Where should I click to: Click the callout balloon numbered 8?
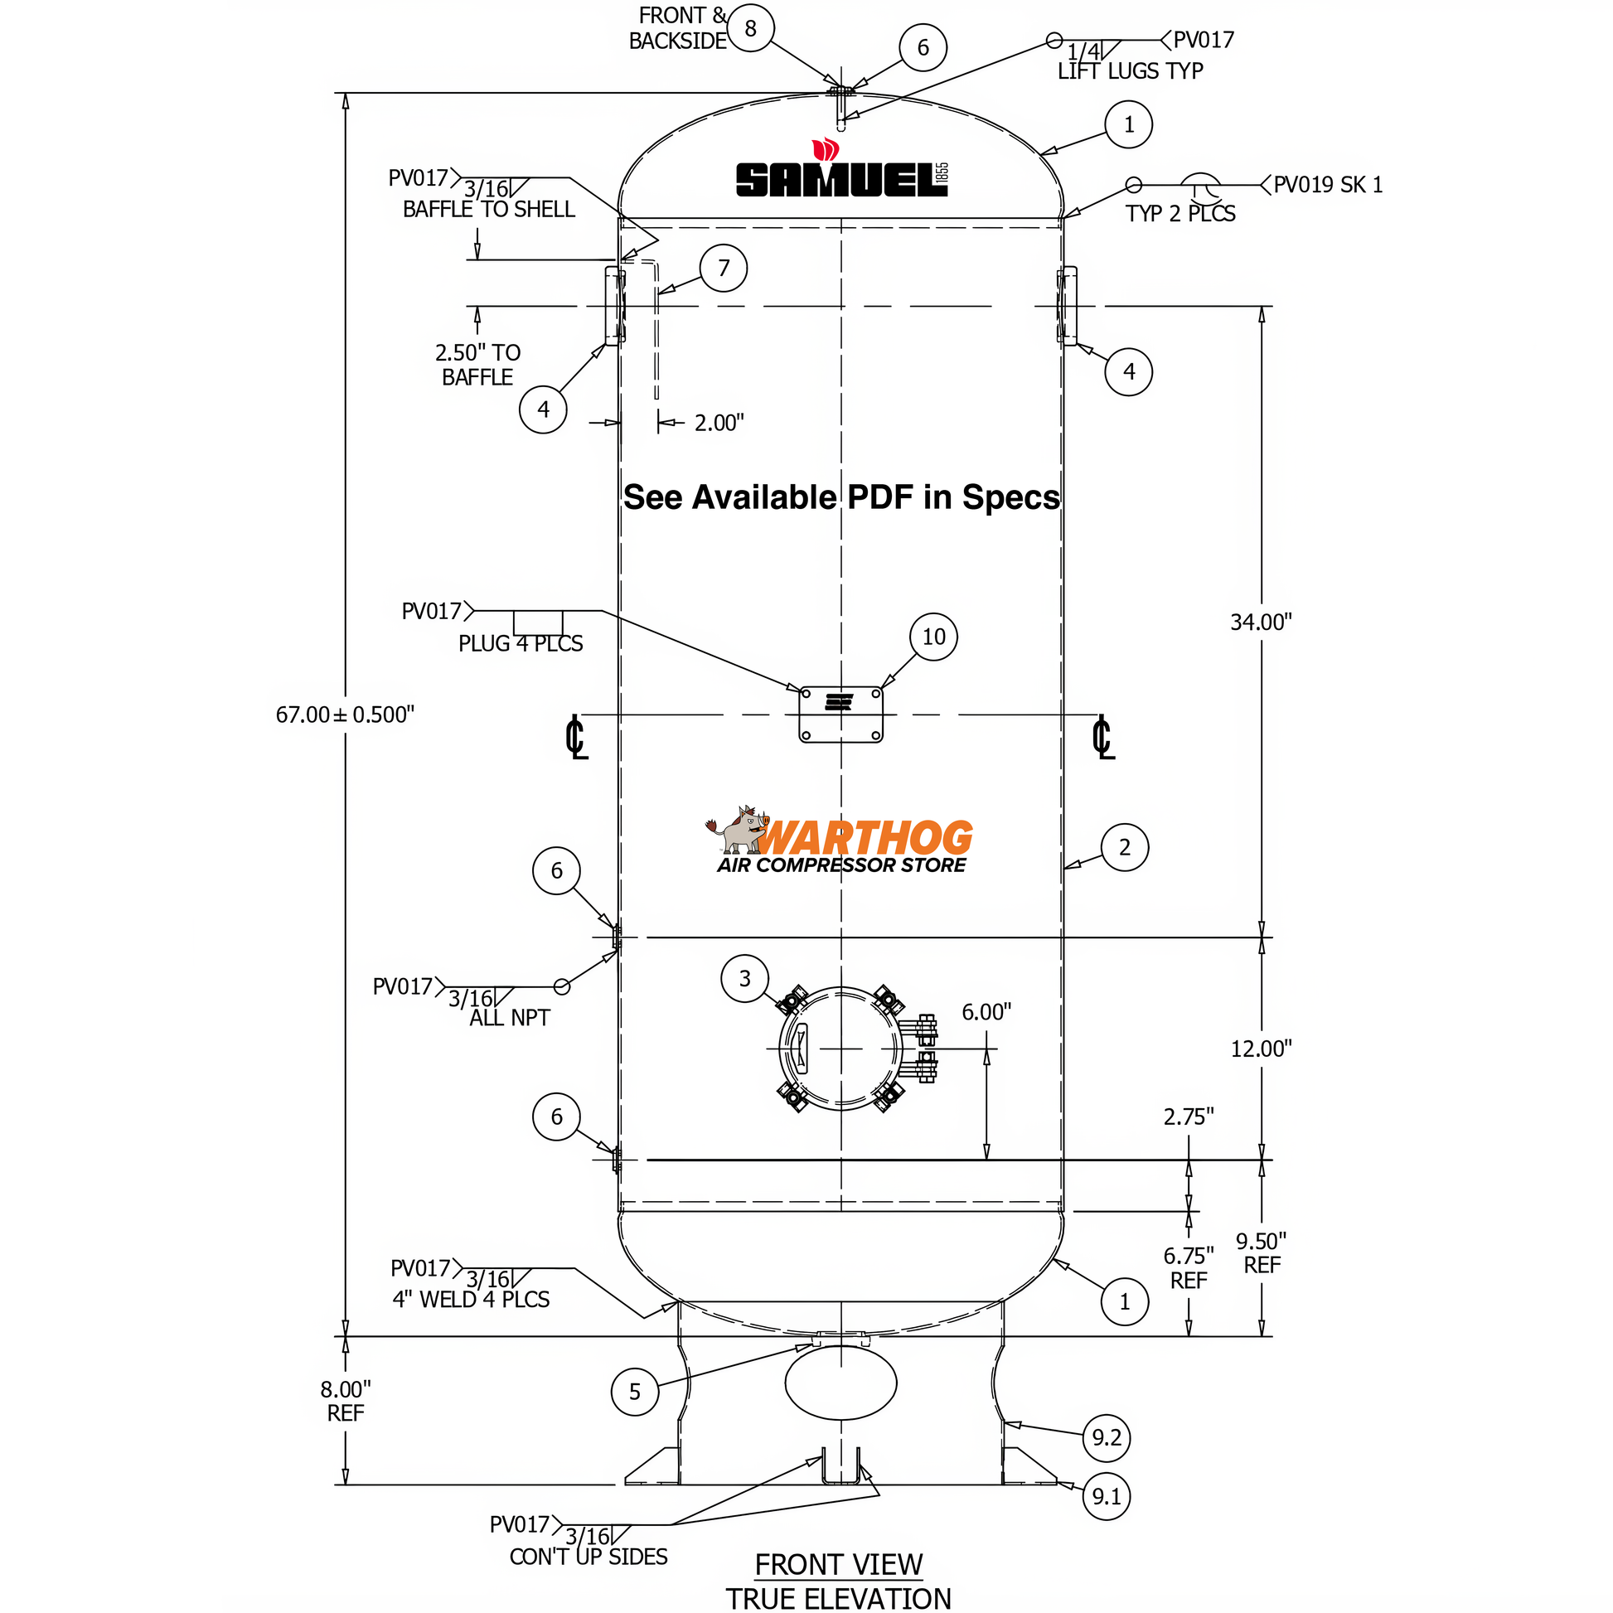click(x=750, y=28)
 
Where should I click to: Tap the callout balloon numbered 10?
click(x=932, y=637)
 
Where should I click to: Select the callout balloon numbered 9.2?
click(x=1107, y=1437)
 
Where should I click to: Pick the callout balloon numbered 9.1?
click(x=1107, y=1496)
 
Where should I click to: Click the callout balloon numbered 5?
click(x=635, y=1392)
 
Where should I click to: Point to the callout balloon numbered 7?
click(x=723, y=268)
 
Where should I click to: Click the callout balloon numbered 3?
click(x=744, y=978)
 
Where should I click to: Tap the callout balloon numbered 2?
click(x=1125, y=847)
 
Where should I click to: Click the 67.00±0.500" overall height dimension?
click(x=345, y=714)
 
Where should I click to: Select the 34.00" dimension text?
click(x=1261, y=622)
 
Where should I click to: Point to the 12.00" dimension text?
click(x=1261, y=1049)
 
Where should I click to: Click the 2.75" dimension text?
click(x=1188, y=1117)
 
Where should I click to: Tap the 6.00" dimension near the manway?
click(x=986, y=1012)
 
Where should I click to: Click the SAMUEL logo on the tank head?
click(x=840, y=177)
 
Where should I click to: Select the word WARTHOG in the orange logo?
click(x=864, y=837)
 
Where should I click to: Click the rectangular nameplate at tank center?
click(x=840, y=714)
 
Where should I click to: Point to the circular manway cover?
click(x=840, y=1049)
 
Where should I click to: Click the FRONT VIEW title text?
click(x=838, y=1565)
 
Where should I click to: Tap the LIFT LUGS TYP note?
click(x=1130, y=72)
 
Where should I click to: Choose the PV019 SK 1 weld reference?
click(x=1328, y=185)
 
